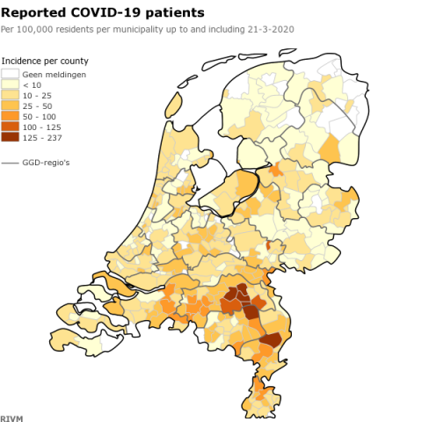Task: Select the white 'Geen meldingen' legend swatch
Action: [10, 75]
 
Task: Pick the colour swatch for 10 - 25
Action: [10, 95]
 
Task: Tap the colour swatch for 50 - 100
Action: [10, 116]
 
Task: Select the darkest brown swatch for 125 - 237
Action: [10, 137]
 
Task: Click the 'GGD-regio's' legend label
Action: [46, 164]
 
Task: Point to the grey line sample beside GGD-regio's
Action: [10, 164]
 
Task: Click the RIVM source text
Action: [11, 416]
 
